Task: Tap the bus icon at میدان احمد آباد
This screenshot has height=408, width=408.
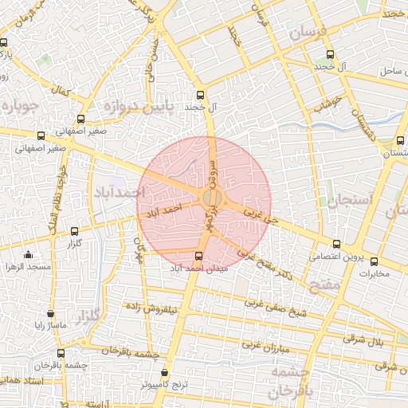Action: [198, 257]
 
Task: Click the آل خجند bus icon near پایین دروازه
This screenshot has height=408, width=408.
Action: [200, 92]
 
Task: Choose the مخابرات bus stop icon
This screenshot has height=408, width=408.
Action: [374, 261]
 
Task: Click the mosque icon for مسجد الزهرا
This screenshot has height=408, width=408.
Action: [29, 254]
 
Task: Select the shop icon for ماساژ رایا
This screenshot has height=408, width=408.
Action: [51, 314]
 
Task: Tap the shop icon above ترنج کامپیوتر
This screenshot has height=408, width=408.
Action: [165, 372]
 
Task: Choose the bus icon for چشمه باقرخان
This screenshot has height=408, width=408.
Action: [61, 352]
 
